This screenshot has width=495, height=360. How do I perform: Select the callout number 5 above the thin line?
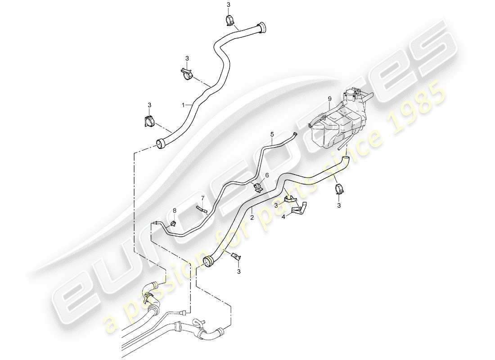(272, 134)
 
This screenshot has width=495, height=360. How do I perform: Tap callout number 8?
(175, 210)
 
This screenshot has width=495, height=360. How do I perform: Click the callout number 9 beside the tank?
(329, 99)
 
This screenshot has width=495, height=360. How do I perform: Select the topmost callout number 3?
(228, 4)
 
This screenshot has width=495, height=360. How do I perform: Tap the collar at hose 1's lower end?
(160, 143)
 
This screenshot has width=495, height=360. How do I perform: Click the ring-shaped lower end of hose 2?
(208, 261)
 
